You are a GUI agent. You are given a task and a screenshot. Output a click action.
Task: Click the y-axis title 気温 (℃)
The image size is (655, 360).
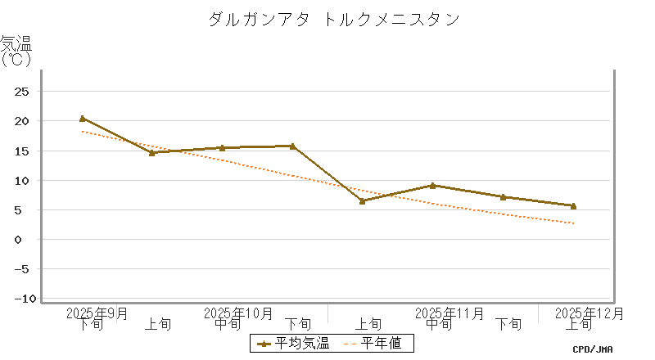16,51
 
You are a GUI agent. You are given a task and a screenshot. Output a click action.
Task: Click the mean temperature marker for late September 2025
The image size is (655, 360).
82,119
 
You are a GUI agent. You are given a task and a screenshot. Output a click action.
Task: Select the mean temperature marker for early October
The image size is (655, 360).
151,152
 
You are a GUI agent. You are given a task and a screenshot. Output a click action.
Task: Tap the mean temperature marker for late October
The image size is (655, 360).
292,146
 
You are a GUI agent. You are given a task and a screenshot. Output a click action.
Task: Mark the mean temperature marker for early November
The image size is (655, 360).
362,200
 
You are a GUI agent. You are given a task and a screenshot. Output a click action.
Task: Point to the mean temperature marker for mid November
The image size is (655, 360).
432,186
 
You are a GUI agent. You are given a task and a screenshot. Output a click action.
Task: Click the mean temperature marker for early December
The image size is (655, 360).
573,206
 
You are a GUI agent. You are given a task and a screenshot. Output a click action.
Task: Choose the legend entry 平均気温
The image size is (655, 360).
294,343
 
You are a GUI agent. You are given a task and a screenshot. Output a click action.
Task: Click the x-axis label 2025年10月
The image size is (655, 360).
238,313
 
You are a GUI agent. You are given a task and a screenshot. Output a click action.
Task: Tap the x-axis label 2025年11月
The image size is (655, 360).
449,313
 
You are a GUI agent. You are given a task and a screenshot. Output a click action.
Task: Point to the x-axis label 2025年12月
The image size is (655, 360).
589,313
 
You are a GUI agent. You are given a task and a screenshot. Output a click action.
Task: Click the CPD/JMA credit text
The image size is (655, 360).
593,349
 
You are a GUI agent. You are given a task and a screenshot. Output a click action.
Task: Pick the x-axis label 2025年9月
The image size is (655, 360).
97,313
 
